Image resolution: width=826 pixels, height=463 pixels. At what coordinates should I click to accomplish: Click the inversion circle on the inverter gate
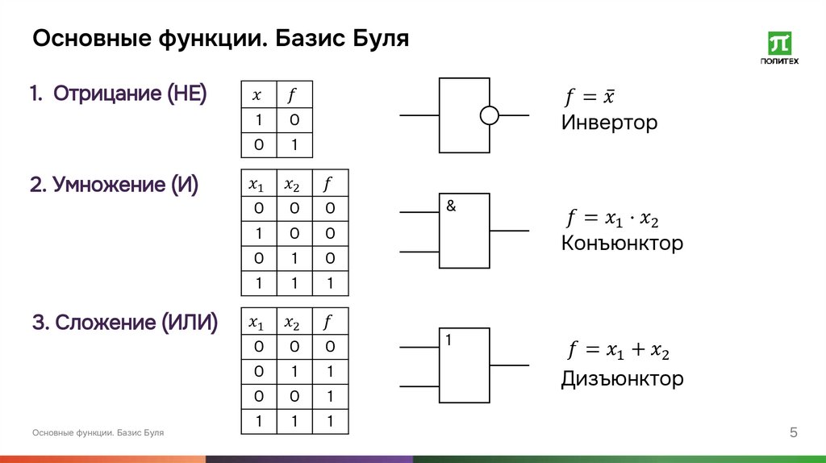point(490,115)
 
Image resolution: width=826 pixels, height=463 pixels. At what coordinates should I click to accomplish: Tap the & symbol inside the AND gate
point(450,206)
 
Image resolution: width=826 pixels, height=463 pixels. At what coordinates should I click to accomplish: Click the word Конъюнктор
point(622,243)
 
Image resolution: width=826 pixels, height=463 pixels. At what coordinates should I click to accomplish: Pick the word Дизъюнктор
point(622,378)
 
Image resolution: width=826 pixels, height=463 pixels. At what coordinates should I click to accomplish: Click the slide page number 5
point(793,434)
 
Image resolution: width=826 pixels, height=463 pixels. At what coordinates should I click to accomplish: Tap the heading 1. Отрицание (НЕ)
point(119,94)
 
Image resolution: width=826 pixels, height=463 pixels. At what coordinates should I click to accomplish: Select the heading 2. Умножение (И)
point(115,186)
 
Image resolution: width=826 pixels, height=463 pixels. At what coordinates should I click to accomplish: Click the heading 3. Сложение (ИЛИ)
point(125,323)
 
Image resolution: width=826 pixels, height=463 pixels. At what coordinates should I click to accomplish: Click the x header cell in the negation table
point(258,95)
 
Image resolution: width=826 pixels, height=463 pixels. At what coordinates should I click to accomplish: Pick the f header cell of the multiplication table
point(329,184)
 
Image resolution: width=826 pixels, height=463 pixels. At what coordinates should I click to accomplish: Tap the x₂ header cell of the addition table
point(293,323)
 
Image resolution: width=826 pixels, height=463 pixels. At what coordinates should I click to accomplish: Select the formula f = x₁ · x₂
point(616,219)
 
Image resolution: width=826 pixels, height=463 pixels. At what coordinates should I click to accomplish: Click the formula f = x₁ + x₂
point(618,351)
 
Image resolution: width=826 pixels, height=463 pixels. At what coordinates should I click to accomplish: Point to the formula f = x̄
point(590,98)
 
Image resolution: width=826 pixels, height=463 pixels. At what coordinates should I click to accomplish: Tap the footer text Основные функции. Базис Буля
point(98,433)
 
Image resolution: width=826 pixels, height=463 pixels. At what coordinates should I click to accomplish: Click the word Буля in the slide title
point(381,38)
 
